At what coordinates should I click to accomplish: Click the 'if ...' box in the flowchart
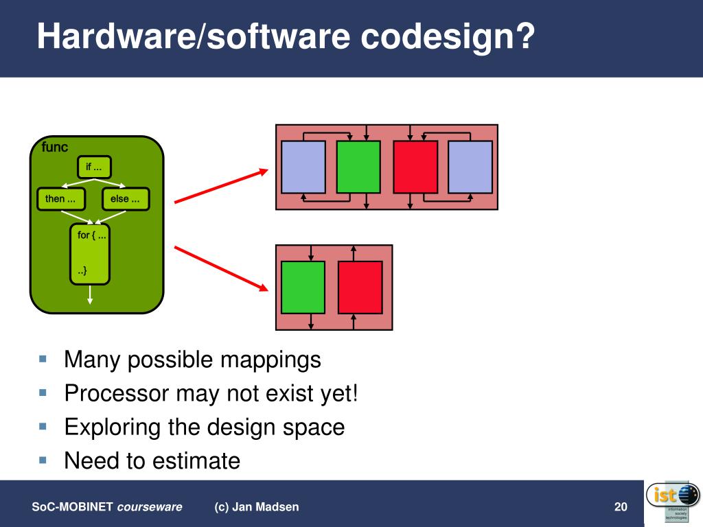[x=94, y=167]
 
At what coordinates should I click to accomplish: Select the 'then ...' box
[x=60, y=199]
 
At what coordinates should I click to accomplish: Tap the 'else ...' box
[x=125, y=199]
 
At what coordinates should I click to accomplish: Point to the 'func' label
[x=55, y=148]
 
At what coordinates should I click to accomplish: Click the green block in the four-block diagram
[x=358, y=167]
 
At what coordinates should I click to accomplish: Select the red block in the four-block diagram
[x=415, y=167]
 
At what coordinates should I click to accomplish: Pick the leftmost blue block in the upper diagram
[x=303, y=167]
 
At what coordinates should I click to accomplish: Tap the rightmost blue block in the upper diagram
[x=470, y=167]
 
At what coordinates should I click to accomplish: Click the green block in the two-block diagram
[x=303, y=287]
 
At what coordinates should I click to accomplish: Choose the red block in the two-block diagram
[x=360, y=287]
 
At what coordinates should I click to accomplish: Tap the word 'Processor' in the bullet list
[x=116, y=394]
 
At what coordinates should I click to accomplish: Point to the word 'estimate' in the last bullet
[x=196, y=461]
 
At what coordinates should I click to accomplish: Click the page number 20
[x=621, y=507]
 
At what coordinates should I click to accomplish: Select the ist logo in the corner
[x=673, y=502]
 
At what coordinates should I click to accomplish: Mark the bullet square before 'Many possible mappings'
[x=43, y=359]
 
